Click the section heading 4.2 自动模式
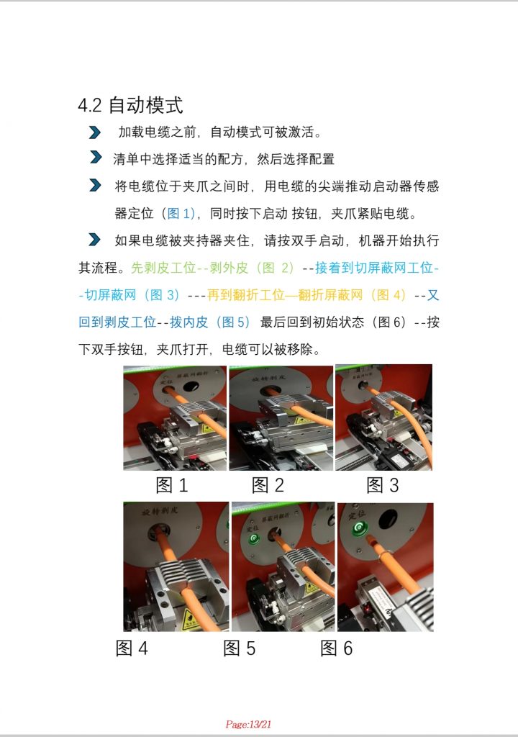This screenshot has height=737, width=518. click(130, 105)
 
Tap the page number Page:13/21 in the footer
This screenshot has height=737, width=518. click(248, 724)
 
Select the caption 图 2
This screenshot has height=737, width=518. click(268, 485)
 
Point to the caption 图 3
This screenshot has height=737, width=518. click(382, 485)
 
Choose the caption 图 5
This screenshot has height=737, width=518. click(240, 648)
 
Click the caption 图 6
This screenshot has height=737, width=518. click(337, 648)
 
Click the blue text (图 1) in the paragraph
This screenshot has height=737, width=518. click(179, 214)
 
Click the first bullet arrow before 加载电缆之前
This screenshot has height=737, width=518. click(94, 132)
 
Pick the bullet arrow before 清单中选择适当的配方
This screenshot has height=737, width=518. click(94, 158)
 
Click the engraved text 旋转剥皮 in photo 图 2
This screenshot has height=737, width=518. click(263, 376)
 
